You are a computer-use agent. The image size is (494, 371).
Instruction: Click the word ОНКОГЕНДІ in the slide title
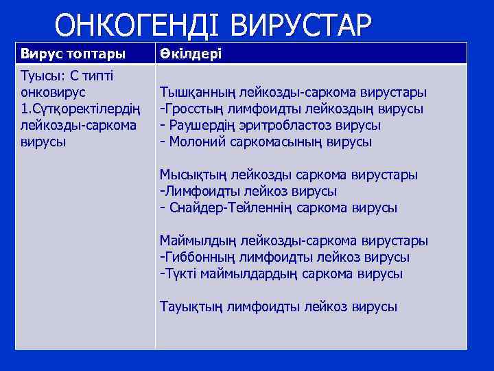click(138, 26)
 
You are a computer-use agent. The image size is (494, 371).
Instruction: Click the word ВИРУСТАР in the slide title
click(301, 26)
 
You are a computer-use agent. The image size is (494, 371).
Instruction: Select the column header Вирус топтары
click(73, 54)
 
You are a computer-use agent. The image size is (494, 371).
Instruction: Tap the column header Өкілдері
click(191, 54)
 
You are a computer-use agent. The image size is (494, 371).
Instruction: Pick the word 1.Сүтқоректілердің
click(80, 109)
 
